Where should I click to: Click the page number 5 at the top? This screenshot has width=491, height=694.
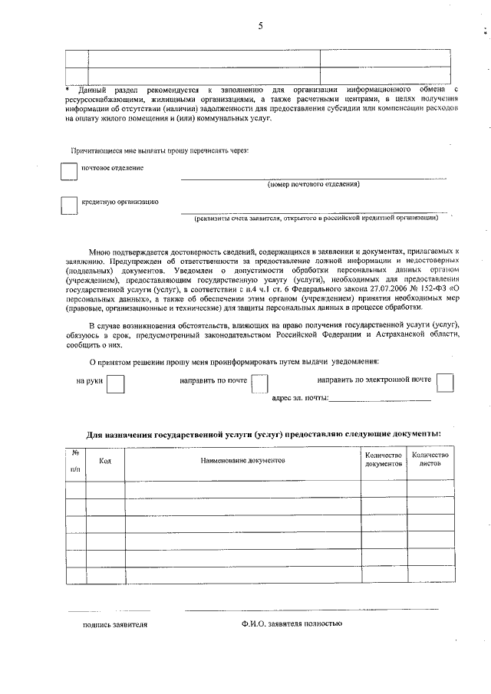click(260, 26)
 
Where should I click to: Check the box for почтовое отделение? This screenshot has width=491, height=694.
click(69, 172)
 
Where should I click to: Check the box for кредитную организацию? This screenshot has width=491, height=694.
click(69, 206)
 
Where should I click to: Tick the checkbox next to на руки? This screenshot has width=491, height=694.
click(116, 383)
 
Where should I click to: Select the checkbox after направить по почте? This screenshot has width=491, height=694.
click(260, 383)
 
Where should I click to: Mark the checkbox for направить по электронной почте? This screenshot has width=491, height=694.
click(444, 382)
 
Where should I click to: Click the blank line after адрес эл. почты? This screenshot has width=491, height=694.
click(380, 399)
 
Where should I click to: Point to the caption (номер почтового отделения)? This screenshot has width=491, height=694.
click(313, 185)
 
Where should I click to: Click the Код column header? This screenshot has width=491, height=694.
click(106, 461)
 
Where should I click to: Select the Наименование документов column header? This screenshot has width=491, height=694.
click(242, 461)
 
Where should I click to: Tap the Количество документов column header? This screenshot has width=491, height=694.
click(383, 460)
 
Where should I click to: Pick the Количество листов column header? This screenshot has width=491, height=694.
click(430, 460)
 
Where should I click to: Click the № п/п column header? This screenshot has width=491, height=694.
click(75, 460)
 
